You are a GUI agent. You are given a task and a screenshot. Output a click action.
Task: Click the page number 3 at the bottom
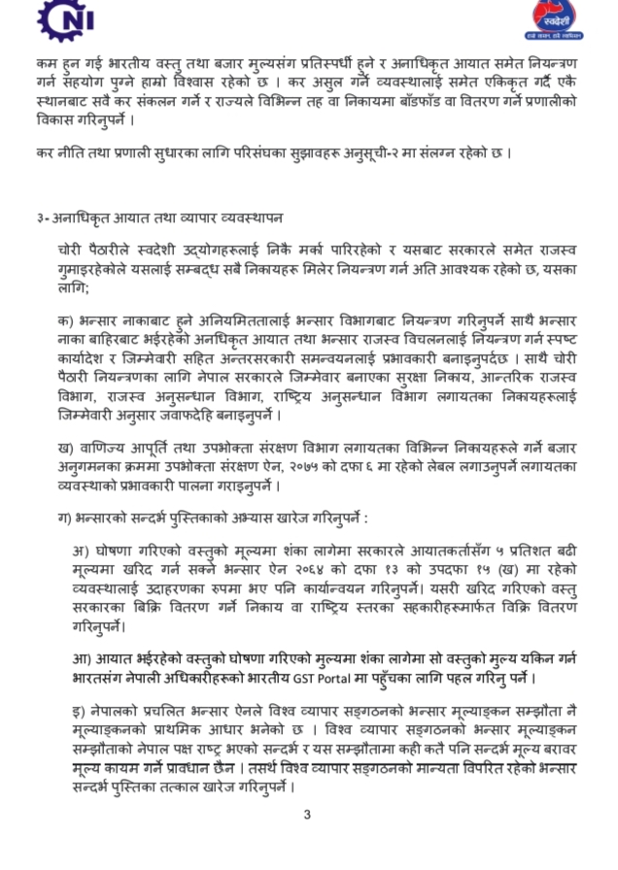pos(308,815)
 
